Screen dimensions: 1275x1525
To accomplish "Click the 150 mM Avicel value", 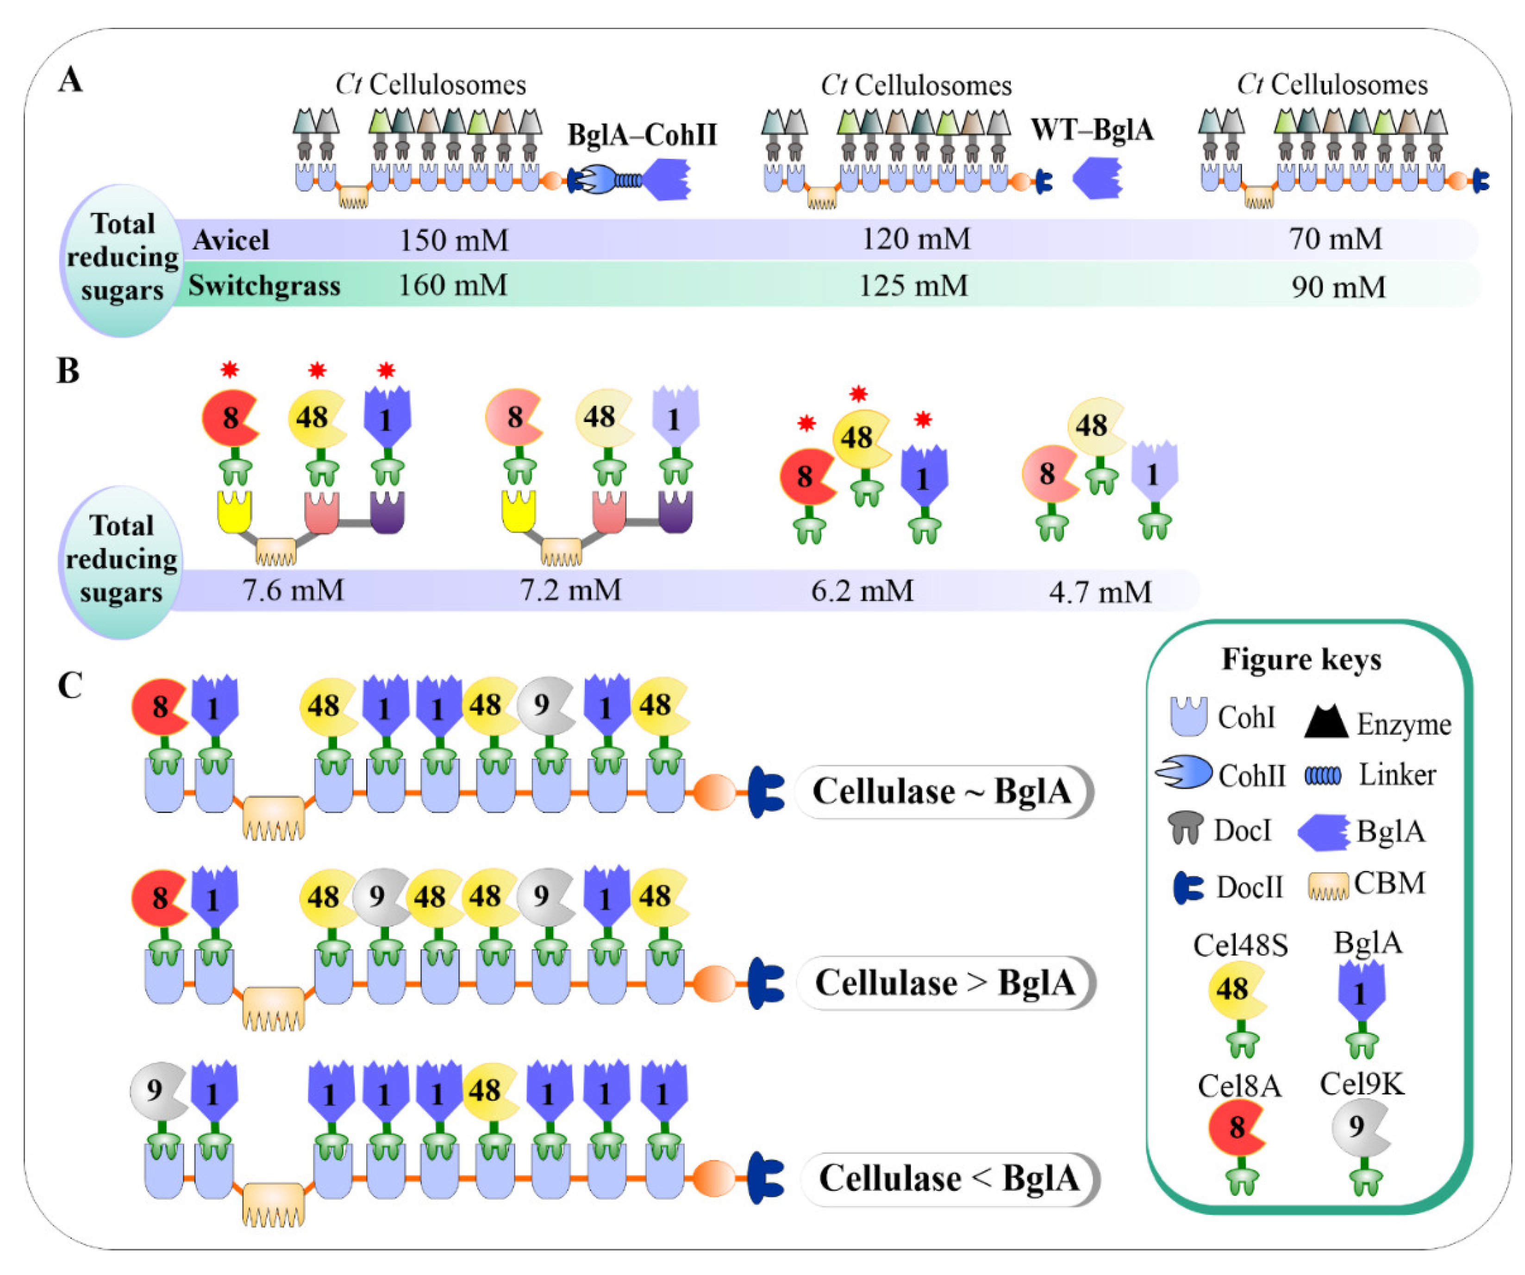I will coord(454,240).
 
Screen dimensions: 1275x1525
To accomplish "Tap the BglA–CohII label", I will coord(642,135).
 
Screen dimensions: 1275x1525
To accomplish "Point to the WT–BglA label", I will coord(1092,131).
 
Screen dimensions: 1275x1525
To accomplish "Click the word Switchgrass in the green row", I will coord(264,286).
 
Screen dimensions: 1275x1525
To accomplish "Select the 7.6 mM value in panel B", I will coord(294,590).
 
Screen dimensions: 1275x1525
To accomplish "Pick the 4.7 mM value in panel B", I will coord(1100,592).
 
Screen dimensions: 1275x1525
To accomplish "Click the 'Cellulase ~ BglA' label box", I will coord(943,791).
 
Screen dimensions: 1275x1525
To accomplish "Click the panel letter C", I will coord(70,684).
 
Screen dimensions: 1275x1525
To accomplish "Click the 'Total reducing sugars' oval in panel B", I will coord(120,560).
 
